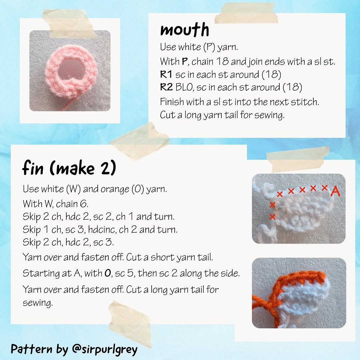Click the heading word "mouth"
tap(184, 30)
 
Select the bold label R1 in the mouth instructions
tap(166, 74)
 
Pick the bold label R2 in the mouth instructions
tap(166, 87)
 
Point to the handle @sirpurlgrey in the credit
tap(104, 349)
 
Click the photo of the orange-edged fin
tap(299, 293)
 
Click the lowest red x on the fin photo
tap(272, 217)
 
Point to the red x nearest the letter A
tap(325, 188)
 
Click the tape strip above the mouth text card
tap(246, 13)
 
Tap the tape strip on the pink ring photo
tap(70, 23)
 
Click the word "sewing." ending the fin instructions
tap(38, 303)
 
